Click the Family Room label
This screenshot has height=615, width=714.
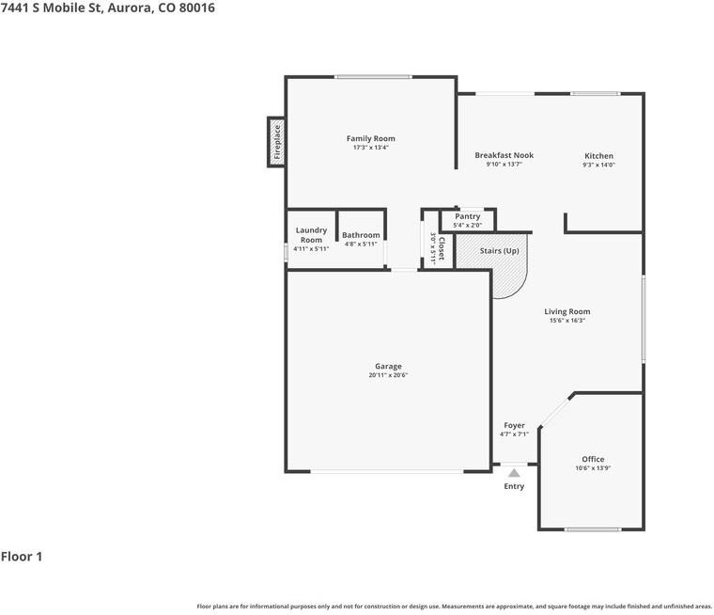370,138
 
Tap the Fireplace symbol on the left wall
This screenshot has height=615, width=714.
276,143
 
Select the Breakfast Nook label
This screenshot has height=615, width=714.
504,155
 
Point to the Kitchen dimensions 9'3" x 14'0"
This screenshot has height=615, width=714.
598,165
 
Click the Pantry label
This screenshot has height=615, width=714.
467,216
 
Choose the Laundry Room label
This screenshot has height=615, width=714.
311,235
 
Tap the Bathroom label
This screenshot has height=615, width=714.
361,235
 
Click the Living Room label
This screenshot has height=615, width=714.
567,311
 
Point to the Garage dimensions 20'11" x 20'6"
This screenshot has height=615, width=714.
388,375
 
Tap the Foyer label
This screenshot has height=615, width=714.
514,425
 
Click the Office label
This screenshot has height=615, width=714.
593,459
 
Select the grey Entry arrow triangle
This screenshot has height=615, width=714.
514,474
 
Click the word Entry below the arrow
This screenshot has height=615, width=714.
514,486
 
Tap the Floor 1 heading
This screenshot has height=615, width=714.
22,557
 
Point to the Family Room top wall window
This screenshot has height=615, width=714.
373,77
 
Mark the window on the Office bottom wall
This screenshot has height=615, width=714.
593,529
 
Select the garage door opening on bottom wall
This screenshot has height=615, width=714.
387,472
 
